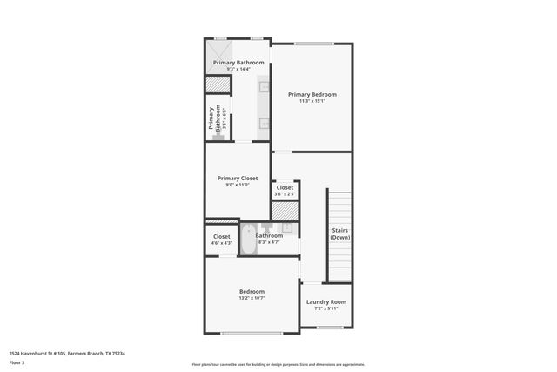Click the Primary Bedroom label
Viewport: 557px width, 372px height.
[x=312, y=94]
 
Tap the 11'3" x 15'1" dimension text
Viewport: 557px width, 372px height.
[x=312, y=101]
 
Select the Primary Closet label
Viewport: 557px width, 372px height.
[x=238, y=178]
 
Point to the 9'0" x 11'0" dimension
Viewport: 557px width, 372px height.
[x=238, y=185]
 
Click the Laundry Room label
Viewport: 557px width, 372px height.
[x=325, y=301]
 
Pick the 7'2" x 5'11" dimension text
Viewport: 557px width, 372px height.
[x=325, y=308]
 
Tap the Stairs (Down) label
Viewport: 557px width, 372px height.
[x=340, y=233]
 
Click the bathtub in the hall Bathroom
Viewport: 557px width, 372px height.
[x=247, y=240]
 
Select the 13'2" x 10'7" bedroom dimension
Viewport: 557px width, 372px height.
[x=252, y=298]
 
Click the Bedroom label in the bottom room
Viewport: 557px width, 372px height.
[x=252, y=291]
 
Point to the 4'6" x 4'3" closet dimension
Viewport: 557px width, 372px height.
[x=222, y=243]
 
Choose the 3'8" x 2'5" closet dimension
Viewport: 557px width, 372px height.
[x=285, y=193]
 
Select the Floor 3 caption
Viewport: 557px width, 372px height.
[x=17, y=362]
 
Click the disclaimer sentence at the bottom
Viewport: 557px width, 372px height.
[x=278, y=364]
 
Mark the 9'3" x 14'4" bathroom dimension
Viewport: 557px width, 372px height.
[x=238, y=70]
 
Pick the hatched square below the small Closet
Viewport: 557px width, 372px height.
[x=285, y=211]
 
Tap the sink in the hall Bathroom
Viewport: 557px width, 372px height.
[x=286, y=228]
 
